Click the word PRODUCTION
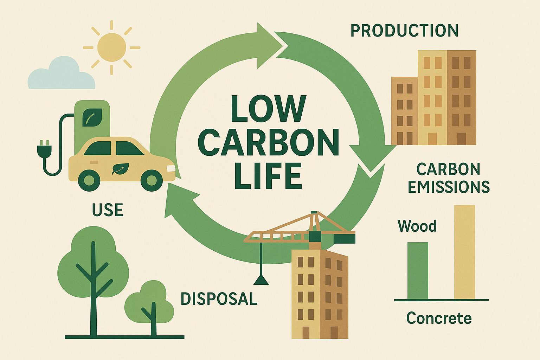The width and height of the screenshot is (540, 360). coord(404,31)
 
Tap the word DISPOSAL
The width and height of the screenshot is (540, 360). coord(219,299)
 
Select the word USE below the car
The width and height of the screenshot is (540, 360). coord(108,210)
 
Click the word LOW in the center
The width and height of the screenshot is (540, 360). coord(268,109)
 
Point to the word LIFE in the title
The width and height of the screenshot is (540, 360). coord(268,176)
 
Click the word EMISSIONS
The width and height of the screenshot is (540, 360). coord(449,187)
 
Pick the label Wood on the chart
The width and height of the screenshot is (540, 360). coord(417,226)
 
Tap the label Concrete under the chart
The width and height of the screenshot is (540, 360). coord(439,318)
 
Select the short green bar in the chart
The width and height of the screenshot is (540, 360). coord(418,270)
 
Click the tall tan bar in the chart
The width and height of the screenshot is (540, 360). coord(464,252)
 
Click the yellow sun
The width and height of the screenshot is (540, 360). coord(111,47)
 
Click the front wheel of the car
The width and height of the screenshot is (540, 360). coord(152,180)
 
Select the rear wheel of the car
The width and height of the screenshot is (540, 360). coord(89,180)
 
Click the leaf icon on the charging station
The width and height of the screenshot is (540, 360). coord(92,117)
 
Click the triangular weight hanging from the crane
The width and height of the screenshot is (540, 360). coord(261,280)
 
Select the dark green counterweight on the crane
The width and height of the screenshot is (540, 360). coord(344,238)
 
